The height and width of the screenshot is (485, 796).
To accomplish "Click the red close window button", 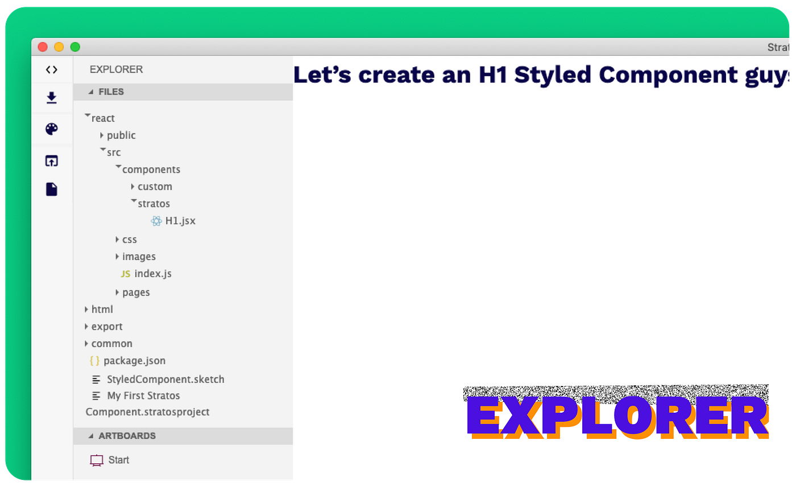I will pos(43,47).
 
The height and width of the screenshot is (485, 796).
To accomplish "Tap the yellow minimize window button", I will pos(59,47).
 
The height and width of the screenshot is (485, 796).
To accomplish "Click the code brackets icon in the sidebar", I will pos(52,70).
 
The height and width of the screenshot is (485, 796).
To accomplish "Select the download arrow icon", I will pos(52,98).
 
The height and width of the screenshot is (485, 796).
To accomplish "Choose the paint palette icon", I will pos(52,129).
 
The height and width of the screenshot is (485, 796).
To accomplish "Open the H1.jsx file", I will pos(180,221).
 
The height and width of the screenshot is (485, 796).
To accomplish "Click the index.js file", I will pos(152,274).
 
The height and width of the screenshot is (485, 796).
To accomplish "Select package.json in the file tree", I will pos(134,361).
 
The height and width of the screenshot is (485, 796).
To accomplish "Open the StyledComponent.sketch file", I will pos(165,380).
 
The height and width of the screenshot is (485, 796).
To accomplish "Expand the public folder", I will pos(121,135).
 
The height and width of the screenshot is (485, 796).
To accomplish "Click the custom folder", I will pos(154,187).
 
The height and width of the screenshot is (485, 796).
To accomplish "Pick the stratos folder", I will pos(154,204).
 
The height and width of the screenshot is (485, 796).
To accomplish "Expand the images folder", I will pos(138,257).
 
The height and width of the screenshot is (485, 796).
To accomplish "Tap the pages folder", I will pos(135,293).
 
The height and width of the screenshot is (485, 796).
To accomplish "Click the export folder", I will pos(106,327).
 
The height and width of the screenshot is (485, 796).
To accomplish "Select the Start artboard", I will pos(118,460).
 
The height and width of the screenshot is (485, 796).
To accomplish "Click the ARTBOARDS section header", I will pos(127,436).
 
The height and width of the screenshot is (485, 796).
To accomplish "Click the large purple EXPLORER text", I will pos(617,416).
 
